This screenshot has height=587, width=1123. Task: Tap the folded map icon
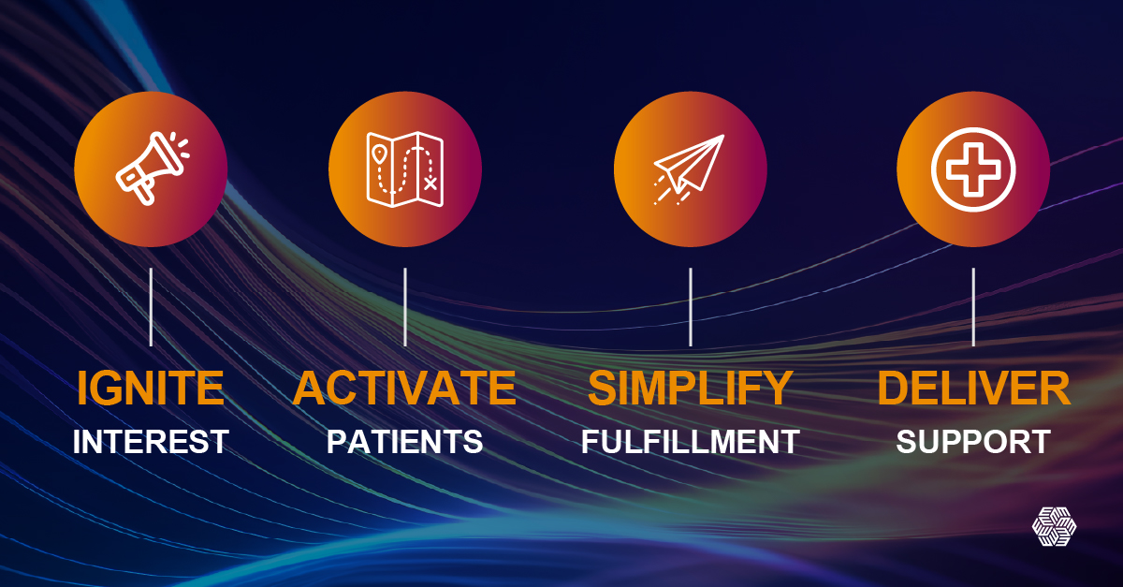point(405,169)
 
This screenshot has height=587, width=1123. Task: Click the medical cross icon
point(973,169)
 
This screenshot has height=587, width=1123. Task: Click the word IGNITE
point(151,389)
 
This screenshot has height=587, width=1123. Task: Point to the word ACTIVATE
point(404,389)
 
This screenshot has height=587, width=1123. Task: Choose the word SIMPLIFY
point(691,389)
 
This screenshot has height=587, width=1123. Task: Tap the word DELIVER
point(973,389)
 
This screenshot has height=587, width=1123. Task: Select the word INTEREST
point(151,441)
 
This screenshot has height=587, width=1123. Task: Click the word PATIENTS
point(404,441)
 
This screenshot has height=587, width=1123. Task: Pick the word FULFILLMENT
point(691,441)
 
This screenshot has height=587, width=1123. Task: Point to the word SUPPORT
point(973,441)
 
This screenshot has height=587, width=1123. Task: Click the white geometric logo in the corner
point(1055,525)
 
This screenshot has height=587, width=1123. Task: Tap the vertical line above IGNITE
point(151,306)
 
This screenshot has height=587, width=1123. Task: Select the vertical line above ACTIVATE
point(405,306)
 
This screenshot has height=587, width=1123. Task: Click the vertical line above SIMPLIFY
point(691,306)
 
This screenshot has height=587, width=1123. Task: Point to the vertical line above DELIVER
point(973,306)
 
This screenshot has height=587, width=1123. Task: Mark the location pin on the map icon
point(378,153)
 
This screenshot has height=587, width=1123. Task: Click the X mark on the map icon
point(430,183)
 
